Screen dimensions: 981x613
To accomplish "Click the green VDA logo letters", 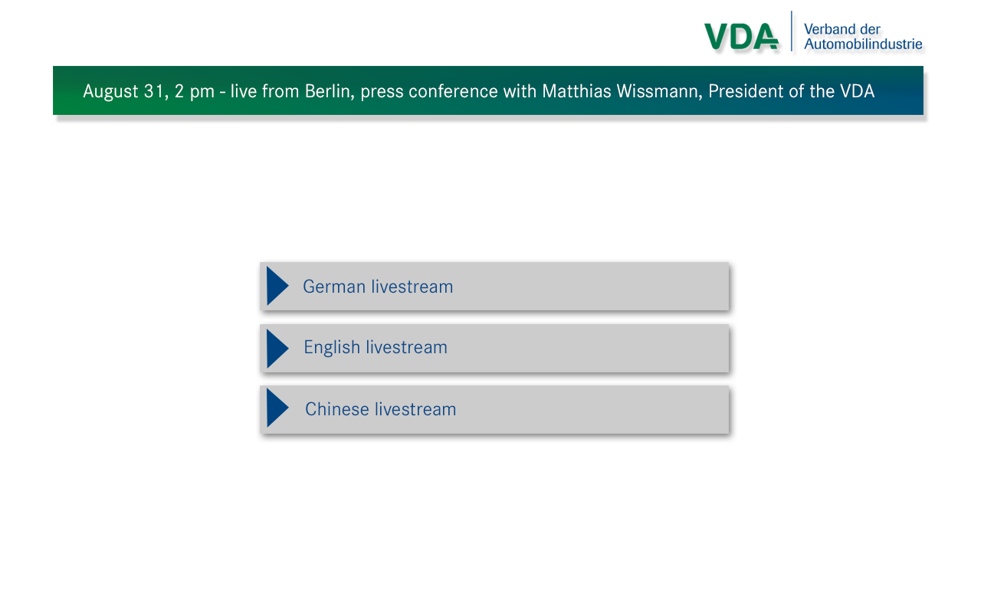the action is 741,36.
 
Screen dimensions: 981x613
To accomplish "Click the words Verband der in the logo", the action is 842,29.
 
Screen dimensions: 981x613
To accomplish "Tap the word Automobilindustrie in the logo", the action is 863,44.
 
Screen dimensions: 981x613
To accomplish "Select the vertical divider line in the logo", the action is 792,31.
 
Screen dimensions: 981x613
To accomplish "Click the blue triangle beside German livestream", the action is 277,286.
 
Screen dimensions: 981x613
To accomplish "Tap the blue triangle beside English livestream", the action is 277,349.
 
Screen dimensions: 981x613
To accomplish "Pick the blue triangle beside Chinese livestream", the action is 277,408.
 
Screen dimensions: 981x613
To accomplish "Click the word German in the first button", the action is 334,287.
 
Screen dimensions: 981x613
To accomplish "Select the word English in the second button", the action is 332,348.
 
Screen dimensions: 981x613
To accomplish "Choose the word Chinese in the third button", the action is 337,409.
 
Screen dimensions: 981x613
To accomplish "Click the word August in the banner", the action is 111,92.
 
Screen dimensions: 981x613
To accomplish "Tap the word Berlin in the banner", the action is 330,91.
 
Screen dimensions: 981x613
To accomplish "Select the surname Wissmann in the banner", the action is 660,91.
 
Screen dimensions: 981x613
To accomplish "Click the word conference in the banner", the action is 453,91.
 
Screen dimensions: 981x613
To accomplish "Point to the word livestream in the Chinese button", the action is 415,409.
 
